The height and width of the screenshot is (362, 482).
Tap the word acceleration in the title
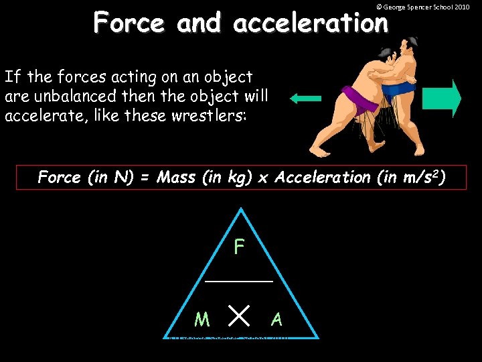click(x=311, y=23)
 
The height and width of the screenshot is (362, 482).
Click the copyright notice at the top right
click(x=422, y=7)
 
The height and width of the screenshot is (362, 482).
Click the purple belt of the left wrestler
click(x=357, y=101)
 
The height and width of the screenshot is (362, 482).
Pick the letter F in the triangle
click(x=239, y=248)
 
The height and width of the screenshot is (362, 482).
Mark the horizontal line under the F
click(x=239, y=282)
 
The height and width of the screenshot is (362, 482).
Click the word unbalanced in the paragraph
click(x=88, y=96)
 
